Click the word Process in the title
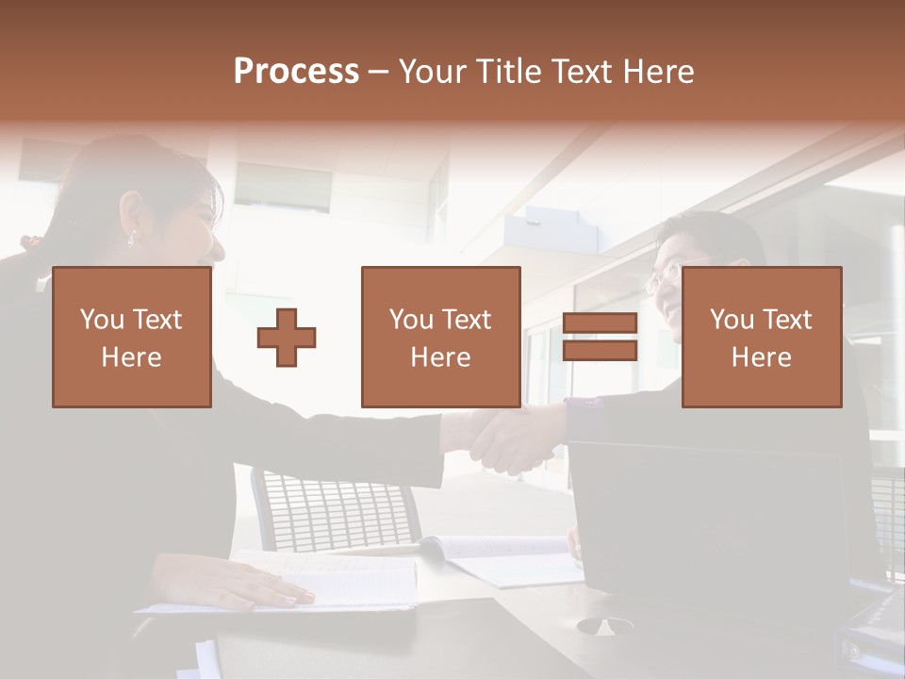296,72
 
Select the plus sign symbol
287,338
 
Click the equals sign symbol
600,338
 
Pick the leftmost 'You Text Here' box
132,338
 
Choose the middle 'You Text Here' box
440,338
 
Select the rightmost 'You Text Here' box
762,338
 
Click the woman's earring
131,237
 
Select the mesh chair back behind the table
335,509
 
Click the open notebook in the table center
500,558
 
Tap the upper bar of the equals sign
600,323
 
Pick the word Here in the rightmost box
762,357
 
